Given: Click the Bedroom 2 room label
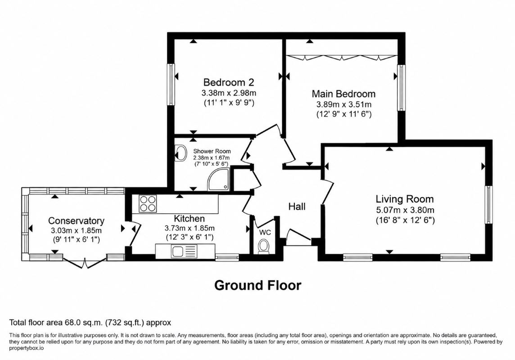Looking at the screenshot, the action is pos(229,82).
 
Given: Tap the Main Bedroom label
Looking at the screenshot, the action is pos(343,94).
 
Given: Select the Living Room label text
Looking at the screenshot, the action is pos(405,199).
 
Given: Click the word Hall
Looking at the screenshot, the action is pos(297,207).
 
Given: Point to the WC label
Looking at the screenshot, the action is pos(265,232).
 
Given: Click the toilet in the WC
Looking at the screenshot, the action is pos(263,247).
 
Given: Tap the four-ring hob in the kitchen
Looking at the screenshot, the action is pos(148,203).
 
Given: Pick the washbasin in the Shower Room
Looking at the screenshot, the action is pos(180,153).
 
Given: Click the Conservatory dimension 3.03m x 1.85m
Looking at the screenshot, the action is pos(76,230).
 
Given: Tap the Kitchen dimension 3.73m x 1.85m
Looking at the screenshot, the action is pos(190,228).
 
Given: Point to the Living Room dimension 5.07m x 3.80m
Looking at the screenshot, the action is pos(405,210).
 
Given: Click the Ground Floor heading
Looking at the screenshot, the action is pos(257,285).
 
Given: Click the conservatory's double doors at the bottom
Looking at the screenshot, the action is pos(85,263).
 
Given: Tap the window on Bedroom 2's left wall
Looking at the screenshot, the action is pos(171,84).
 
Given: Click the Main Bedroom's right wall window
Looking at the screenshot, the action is pos(402,88).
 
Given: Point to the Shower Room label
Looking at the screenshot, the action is pos(212,151).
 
